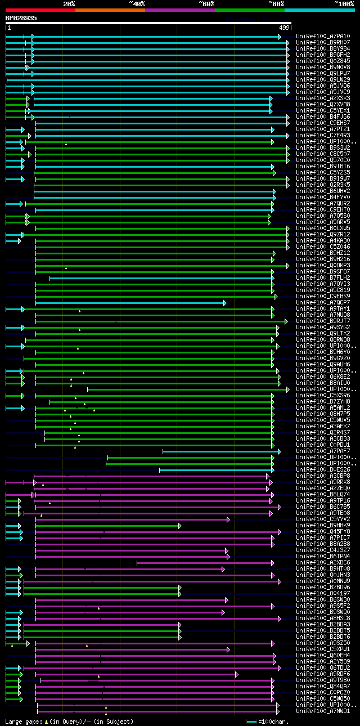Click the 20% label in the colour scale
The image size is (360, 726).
(69, 3)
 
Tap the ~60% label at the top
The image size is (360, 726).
(206, 3)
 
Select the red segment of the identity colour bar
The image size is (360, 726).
(40, 10)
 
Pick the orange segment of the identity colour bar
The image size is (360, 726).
(110, 10)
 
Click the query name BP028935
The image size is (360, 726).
(21, 18)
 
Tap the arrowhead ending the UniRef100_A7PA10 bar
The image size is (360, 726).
(279, 37)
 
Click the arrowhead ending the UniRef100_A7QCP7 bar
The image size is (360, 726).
(224, 303)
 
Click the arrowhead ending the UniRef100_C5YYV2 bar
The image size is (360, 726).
(228, 519)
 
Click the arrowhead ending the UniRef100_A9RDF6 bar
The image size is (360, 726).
(237, 674)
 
